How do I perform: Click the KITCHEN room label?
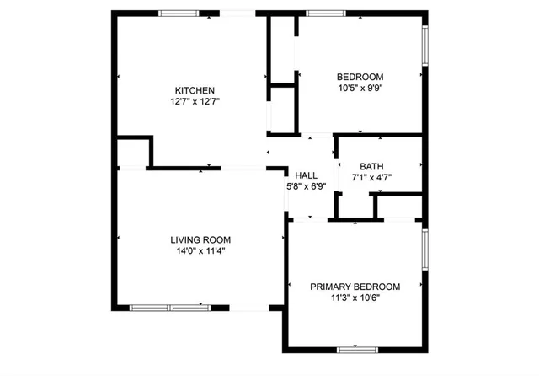[x=195, y=90]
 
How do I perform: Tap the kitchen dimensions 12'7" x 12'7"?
[x=195, y=101]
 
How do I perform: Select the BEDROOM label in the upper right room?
[x=360, y=77]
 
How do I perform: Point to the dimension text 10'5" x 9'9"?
[x=360, y=88]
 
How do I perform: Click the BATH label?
[x=371, y=166]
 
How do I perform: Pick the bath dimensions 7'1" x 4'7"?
[x=371, y=177]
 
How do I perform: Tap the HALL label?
[x=306, y=175]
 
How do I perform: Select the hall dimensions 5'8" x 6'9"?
[x=306, y=186]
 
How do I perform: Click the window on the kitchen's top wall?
[x=179, y=13]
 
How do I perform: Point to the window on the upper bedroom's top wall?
[x=319, y=13]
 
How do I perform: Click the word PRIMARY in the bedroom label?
[x=331, y=287]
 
